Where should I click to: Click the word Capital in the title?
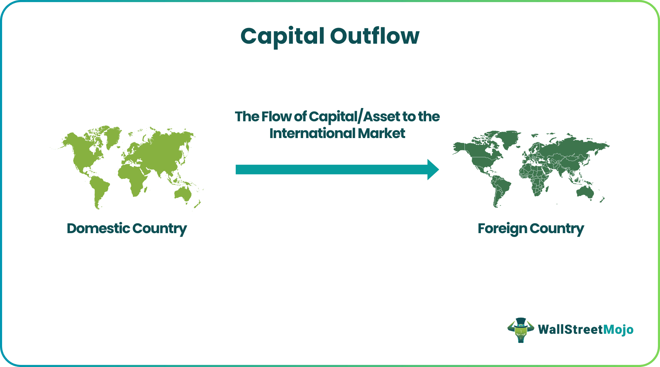click(283, 36)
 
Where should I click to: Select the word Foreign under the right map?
click(502, 229)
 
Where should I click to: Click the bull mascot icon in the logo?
click(520, 330)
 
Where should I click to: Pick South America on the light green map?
click(100, 189)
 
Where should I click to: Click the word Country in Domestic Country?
click(160, 229)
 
